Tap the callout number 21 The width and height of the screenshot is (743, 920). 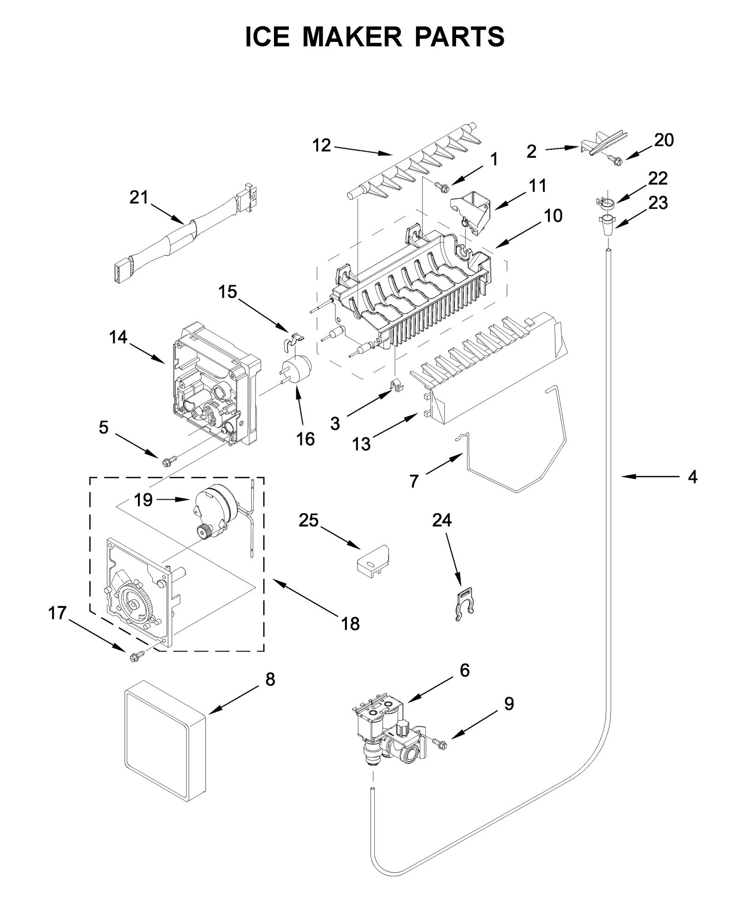tap(138, 198)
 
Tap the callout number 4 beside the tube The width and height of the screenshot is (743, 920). tap(692, 477)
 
